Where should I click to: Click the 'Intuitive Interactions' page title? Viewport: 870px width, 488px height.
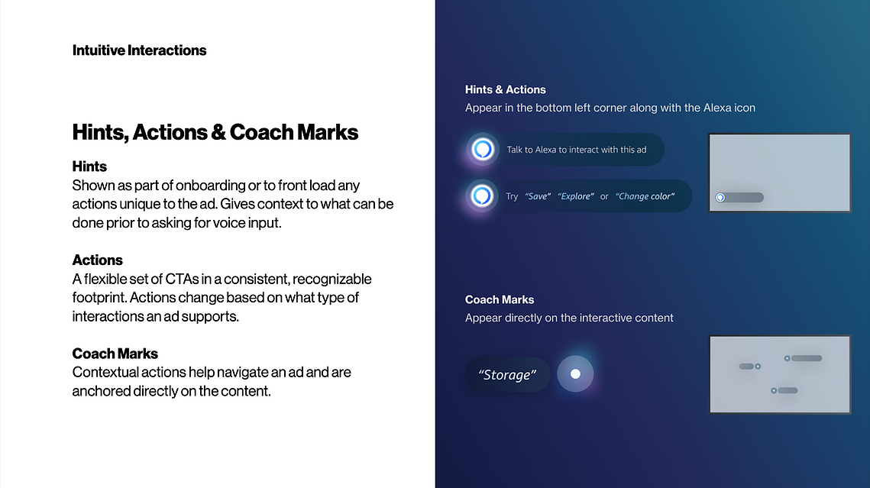pos(139,50)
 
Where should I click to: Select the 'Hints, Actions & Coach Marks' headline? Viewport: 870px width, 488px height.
pos(215,133)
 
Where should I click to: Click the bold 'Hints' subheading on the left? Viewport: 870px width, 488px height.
pos(89,166)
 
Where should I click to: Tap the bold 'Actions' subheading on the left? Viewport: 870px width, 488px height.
pos(98,260)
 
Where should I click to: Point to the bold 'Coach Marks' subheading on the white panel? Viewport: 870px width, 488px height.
pos(115,354)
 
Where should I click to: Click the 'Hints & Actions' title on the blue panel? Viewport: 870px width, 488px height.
pos(506,90)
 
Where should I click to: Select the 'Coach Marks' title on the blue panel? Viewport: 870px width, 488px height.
pos(500,300)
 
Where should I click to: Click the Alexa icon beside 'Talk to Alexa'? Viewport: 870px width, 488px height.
pos(482,149)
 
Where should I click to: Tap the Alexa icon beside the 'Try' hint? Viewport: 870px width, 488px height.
pos(482,196)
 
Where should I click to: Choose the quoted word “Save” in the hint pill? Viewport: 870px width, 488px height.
pos(538,196)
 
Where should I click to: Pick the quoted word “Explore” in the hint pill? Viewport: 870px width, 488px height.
pos(576,196)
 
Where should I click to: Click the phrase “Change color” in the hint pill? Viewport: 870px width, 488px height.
pos(645,196)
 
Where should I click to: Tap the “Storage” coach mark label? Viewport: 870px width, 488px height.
pos(507,375)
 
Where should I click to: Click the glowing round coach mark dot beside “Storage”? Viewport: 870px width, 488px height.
pos(575,373)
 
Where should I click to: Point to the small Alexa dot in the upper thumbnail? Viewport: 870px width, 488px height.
pos(720,198)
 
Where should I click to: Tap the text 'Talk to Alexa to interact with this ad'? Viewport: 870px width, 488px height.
pos(577,150)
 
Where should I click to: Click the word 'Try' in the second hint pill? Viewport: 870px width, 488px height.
pos(512,196)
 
